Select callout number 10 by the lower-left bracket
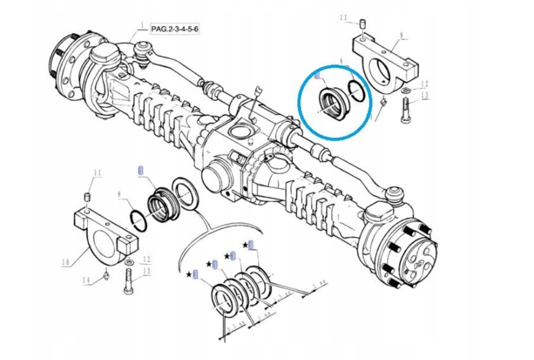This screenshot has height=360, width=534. click(66, 262)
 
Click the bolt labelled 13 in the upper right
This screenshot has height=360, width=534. click(404, 112)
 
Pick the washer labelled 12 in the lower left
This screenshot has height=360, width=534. click(129, 263)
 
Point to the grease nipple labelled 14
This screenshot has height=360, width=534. click(106, 275)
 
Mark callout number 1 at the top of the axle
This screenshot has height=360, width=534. click(143, 25)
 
